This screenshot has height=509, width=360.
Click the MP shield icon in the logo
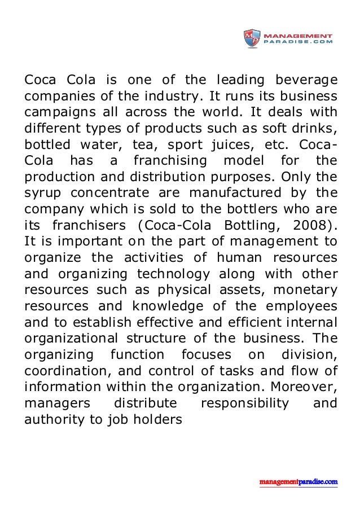coord(252,38)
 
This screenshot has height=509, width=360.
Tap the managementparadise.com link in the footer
coord(298,482)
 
